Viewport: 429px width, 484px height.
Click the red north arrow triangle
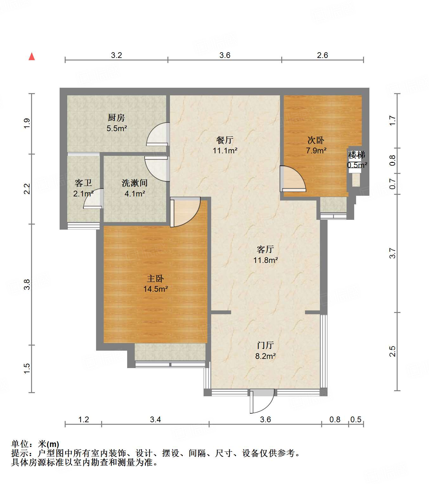pyautogui.click(x=32, y=57)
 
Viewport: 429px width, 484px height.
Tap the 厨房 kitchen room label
pyautogui.click(x=116, y=118)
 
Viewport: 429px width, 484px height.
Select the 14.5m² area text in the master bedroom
pyautogui.click(x=155, y=289)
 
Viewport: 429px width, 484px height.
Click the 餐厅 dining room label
pyautogui.click(x=225, y=140)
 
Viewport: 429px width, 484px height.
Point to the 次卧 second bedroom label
pyautogui.click(x=316, y=140)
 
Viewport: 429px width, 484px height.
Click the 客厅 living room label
pyautogui.click(x=265, y=249)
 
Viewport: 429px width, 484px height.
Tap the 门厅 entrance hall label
pyautogui.click(x=265, y=346)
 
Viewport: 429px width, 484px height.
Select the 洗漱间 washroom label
pyautogui.click(x=135, y=183)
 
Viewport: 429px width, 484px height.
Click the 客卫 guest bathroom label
pyautogui.click(x=83, y=183)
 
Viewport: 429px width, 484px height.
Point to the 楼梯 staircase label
pyautogui.click(x=356, y=155)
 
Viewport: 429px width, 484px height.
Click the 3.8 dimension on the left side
pyautogui.click(x=27, y=284)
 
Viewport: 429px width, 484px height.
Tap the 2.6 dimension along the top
pyautogui.click(x=322, y=55)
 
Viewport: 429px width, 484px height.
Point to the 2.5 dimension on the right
pyautogui.click(x=393, y=351)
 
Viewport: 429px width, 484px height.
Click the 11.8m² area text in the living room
pyautogui.click(x=266, y=260)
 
